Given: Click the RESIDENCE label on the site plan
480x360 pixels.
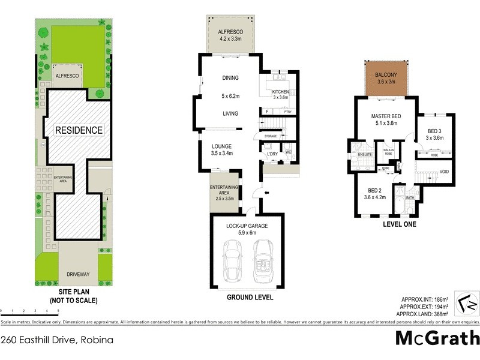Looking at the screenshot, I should pyautogui.click(x=79, y=130).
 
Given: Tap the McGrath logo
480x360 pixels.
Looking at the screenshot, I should pyautogui.click(x=437, y=338).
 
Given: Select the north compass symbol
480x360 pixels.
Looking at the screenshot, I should pyautogui.click(x=466, y=304).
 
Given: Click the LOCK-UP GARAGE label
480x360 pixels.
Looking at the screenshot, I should pyautogui.click(x=247, y=226).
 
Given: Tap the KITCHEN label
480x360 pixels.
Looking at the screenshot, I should pyautogui.click(x=281, y=92).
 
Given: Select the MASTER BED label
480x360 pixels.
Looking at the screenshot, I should pyautogui.click(x=386, y=116).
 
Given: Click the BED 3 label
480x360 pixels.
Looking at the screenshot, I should pyautogui.click(x=434, y=131).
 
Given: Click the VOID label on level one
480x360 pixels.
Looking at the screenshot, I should pyautogui.click(x=444, y=172).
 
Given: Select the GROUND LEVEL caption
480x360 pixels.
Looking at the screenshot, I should pyautogui.click(x=250, y=297).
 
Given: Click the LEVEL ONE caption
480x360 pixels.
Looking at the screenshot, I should pyautogui.click(x=400, y=224).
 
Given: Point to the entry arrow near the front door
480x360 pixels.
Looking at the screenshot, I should pyautogui.click(x=266, y=193).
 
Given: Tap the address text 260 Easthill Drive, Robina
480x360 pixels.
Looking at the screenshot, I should pyautogui.click(x=57, y=340).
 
